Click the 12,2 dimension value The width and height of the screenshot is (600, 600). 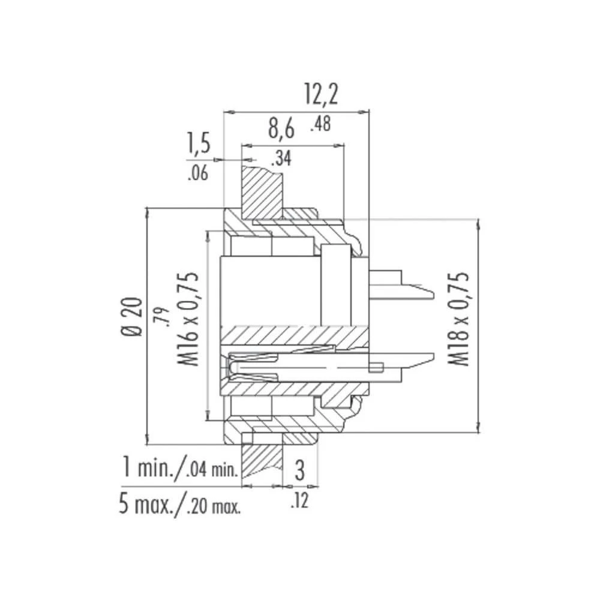(321, 95)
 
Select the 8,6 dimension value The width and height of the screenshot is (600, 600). (281, 128)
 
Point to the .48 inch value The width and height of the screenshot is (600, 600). (321, 124)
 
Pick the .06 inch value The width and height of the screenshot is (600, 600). (197, 175)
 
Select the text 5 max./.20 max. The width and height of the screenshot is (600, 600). (179, 505)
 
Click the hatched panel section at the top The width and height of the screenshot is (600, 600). (262, 193)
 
